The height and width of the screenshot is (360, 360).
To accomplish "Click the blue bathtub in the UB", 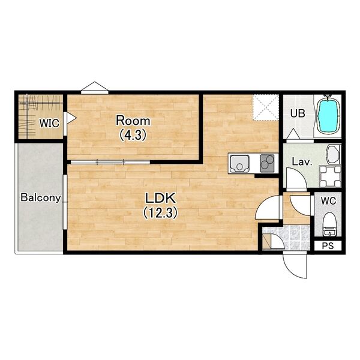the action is click(328, 116).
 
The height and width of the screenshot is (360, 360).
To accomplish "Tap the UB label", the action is click(298, 113).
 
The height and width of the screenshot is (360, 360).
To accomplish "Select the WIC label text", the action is click(49, 123).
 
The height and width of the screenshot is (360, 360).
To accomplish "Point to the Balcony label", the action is click(41, 197).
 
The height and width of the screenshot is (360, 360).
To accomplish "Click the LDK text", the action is click(160, 199).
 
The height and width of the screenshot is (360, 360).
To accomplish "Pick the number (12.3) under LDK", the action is click(160, 212).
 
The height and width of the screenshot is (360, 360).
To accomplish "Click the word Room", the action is click(133, 121).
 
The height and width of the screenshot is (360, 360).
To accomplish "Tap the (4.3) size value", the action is click(133, 135).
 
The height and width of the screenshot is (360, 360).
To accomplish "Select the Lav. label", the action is click(302, 162).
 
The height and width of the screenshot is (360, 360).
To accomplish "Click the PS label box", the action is click(328, 246).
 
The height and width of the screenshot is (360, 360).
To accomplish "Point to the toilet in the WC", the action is click(329, 224).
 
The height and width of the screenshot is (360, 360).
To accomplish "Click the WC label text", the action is click(328, 201).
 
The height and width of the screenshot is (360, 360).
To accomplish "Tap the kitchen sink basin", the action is click(239, 163).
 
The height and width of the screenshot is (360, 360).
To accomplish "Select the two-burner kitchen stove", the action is click(267, 163).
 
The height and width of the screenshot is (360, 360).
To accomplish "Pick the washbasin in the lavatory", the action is click(333, 154).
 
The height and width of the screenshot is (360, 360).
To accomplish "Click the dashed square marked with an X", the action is click(266, 107).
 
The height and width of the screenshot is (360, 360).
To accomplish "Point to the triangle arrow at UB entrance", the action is click(293, 134).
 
